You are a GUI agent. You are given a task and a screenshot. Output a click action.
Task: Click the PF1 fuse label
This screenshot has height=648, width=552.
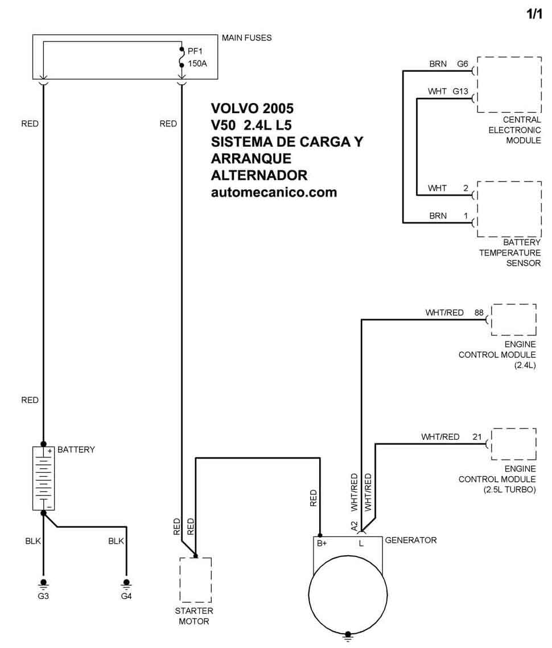tap(195, 51)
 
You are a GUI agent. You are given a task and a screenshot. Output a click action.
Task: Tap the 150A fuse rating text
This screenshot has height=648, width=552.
tap(197, 64)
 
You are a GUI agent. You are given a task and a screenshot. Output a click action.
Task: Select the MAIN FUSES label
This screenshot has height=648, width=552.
tap(247, 38)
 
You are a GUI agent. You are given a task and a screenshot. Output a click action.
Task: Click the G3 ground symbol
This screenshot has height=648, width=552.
tap(43, 583)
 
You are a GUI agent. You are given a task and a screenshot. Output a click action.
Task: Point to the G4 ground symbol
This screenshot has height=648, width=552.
tap(126, 583)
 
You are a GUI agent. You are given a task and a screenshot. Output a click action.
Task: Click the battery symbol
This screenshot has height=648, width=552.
tap(43, 478)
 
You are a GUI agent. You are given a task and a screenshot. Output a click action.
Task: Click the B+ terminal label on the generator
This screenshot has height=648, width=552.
tap(322, 543)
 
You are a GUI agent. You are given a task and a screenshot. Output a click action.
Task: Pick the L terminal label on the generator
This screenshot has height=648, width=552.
tap(361, 543)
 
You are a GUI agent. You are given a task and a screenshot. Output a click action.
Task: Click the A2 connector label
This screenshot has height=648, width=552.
tap(354, 526)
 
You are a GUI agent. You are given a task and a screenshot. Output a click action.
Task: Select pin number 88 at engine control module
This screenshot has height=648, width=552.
tap(479, 313)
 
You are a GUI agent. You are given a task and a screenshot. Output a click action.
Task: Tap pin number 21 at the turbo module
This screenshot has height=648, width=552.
tap(477, 437)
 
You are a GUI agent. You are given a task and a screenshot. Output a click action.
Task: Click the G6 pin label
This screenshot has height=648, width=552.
tap(462, 64)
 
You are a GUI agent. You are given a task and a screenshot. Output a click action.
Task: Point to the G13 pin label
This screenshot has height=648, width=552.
tap(460, 92)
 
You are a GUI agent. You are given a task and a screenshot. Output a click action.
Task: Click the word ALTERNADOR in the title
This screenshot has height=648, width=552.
tap(259, 175)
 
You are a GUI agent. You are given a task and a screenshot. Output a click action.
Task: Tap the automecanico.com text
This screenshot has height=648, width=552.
tap(274, 192)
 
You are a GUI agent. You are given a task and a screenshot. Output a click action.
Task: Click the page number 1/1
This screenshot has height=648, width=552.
tap(534, 14)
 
